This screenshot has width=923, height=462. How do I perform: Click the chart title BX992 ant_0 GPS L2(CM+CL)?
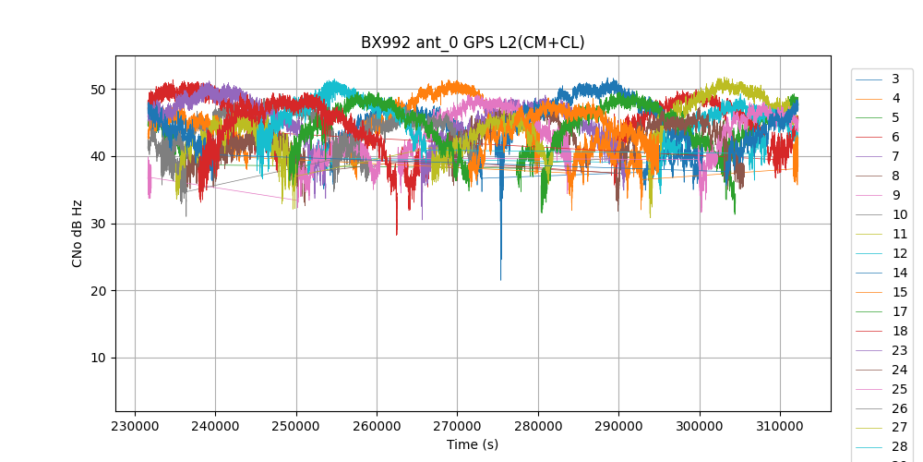tap(473, 43)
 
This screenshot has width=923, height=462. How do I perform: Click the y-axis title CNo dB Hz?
tap(78, 233)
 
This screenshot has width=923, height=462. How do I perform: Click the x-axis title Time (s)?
tap(473, 444)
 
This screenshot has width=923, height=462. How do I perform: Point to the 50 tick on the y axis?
tap(95, 90)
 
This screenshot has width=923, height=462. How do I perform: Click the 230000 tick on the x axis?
tap(135, 427)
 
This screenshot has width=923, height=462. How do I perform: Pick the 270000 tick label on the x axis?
tap(457, 427)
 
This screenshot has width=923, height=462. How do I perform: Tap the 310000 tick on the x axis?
tap(780, 427)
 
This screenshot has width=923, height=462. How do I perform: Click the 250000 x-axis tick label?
tap(296, 427)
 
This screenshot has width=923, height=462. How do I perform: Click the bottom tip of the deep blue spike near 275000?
tap(501, 280)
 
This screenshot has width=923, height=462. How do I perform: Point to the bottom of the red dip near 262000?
tap(397, 235)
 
